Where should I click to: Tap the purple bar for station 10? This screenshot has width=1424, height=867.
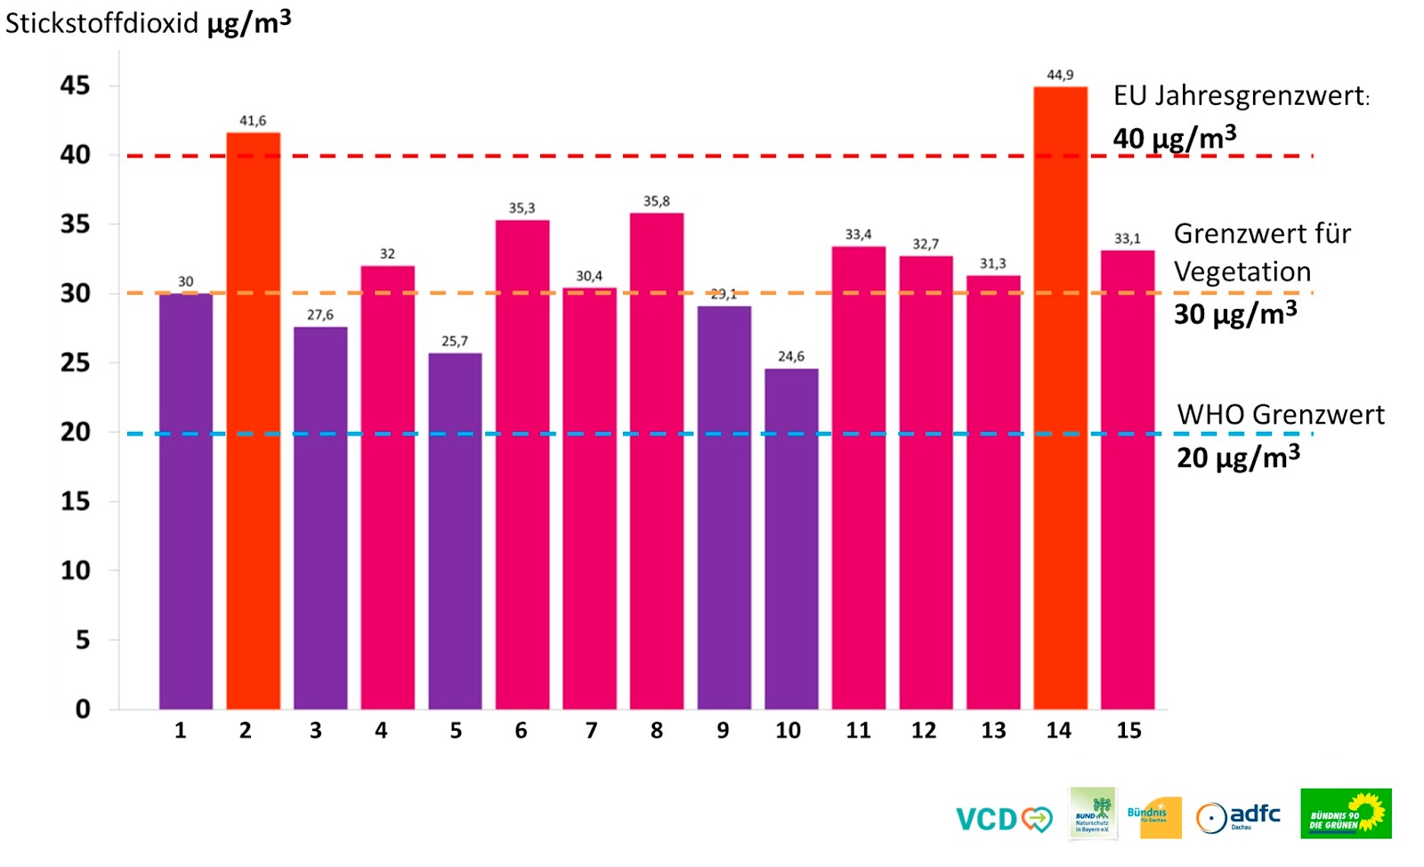[x=791, y=539]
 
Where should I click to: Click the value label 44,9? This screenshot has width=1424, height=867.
[x=1060, y=75]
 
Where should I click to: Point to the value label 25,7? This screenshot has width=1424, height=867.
[x=455, y=341]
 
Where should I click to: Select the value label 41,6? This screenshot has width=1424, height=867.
[x=253, y=120]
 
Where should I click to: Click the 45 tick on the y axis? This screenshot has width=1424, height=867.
[x=76, y=85]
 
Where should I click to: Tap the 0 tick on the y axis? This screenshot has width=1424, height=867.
[x=83, y=709]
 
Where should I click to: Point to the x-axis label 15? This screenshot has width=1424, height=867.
[x=1129, y=731]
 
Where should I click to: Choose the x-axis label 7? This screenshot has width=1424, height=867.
[x=591, y=731]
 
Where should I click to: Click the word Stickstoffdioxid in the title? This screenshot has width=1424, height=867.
[x=102, y=23]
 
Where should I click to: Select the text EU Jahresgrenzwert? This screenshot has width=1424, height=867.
[x=1240, y=95]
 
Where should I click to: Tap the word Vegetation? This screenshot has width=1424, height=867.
[x=1242, y=271]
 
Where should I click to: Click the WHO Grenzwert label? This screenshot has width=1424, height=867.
[x=1281, y=415]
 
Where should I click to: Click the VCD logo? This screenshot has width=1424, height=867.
[x=1003, y=818]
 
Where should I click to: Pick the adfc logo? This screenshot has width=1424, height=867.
[x=1238, y=815]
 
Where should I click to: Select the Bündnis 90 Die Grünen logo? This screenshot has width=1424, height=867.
[x=1346, y=814]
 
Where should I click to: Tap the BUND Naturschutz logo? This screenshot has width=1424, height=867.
[x=1093, y=813]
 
